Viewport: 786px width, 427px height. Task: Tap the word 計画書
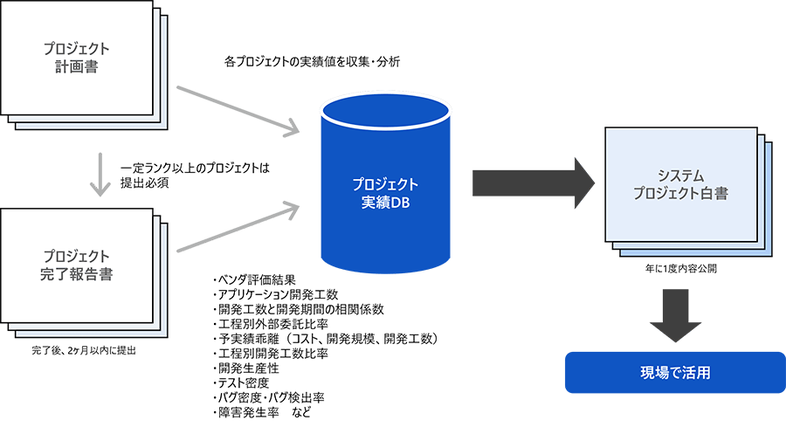pyautogui.click(x=81, y=66)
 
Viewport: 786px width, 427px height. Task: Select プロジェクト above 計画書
pyautogui.click(x=81, y=49)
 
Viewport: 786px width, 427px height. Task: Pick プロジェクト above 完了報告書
pyautogui.click(x=81, y=256)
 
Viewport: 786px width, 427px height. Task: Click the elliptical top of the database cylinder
pyautogui.click(x=385, y=111)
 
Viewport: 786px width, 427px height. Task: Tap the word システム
pyautogui.click(x=682, y=175)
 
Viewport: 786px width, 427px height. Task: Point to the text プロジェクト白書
pyautogui.click(x=682, y=193)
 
